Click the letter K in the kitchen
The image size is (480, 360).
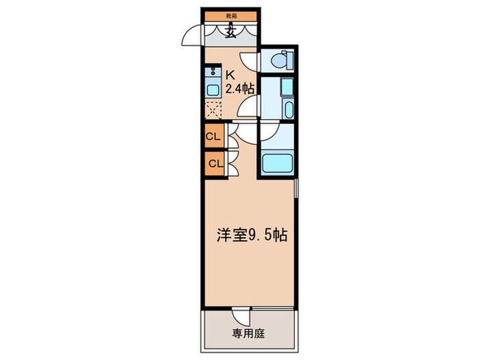(x=230, y=75)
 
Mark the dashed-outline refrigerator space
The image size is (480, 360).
(x=213, y=110)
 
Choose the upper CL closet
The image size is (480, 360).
(x=213, y=136)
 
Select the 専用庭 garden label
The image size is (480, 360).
(x=247, y=335)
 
